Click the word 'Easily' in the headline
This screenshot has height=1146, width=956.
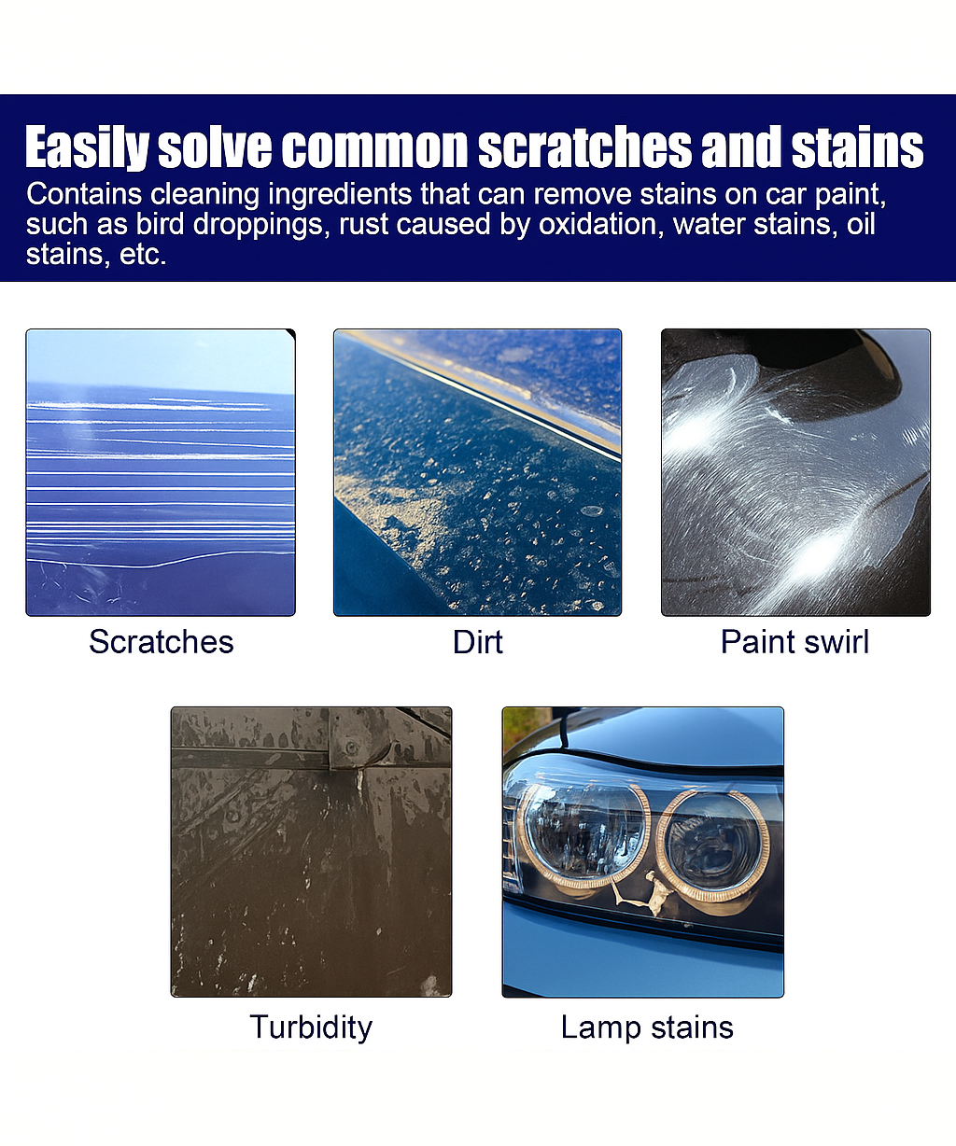[87, 148]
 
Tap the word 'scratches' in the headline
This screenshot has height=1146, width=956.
[584, 148]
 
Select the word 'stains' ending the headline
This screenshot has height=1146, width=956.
[858, 148]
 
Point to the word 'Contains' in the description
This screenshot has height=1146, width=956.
[84, 194]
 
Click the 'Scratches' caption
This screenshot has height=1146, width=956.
[161, 642]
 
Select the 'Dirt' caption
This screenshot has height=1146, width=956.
[477, 642]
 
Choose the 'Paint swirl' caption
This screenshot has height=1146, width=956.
[794, 642]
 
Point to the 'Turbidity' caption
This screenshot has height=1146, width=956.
[311, 1027]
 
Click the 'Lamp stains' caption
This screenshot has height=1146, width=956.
[647, 1027]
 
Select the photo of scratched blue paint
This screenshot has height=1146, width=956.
[161, 472]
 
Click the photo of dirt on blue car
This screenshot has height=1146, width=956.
[477, 472]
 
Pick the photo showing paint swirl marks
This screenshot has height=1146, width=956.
[795, 472]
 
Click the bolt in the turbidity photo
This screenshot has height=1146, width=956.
[351, 748]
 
